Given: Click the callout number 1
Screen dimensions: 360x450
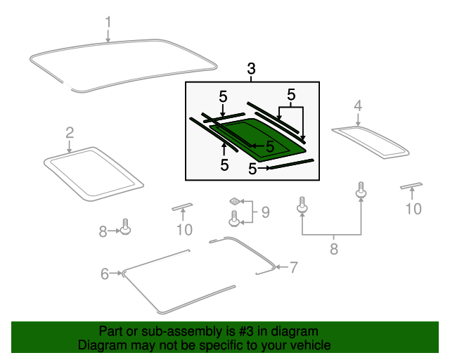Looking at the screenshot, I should point(108,22).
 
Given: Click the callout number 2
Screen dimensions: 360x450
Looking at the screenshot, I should point(70,132).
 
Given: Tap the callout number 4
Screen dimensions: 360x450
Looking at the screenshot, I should point(357,105).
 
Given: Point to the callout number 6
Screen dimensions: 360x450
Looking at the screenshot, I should point(105,274).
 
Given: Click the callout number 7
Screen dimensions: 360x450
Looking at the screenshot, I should point(294,267).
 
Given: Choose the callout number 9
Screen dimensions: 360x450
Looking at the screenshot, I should point(265,212).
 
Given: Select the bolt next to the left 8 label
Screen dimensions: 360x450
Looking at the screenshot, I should point(126,228).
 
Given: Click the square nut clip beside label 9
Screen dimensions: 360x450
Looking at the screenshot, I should point(235,202).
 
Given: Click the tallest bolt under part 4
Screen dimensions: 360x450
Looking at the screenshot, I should point(361,190).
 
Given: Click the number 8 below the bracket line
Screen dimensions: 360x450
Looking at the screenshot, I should point(333,248).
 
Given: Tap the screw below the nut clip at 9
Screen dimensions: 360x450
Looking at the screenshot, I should point(234,221).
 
